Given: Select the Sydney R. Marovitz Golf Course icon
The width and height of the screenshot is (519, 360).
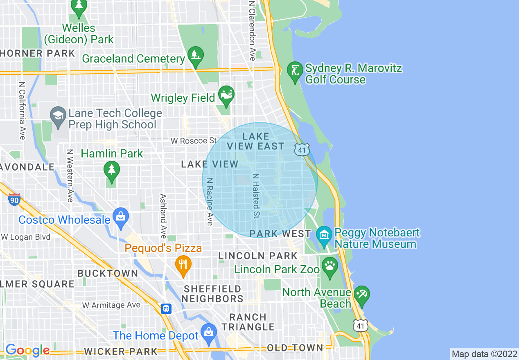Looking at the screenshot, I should (x=295, y=70).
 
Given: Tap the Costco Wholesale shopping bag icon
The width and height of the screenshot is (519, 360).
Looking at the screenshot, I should (x=121, y=216).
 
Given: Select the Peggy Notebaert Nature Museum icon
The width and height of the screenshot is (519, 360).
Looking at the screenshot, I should (x=324, y=235).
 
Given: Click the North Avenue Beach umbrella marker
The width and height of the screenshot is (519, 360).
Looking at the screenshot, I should (x=362, y=295).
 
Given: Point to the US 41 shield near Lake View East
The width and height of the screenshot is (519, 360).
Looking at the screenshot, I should (x=301, y=150).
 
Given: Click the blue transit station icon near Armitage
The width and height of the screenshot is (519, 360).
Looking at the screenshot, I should (x=166, y=308).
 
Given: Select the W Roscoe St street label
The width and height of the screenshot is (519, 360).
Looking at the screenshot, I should (x=194, y=141).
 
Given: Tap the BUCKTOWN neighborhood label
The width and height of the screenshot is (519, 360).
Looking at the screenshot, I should (x=108, y=273).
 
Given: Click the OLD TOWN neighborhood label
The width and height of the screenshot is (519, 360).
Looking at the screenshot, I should (x=295, y=348).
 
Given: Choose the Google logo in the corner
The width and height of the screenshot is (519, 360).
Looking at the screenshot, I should (x=27, y=350).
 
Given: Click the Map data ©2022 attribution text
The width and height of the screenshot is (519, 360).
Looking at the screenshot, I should (x=484, y=354).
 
